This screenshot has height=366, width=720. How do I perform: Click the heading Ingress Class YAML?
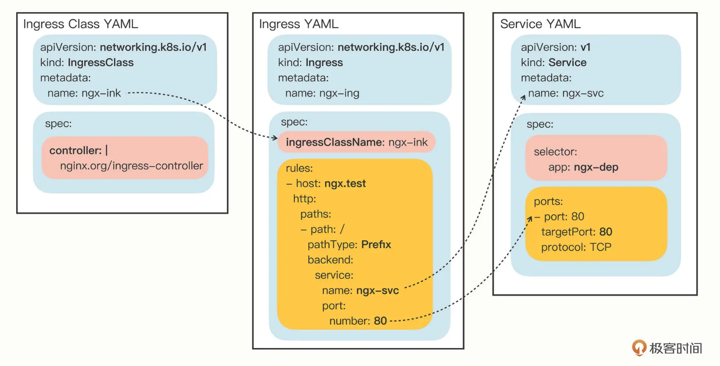click(x=81, y=24)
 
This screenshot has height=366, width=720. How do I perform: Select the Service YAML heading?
click(x=540, y=24)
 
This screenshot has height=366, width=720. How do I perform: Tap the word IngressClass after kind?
click(x=101, y=63)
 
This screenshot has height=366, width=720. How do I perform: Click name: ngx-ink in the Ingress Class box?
click(x=84, y=93)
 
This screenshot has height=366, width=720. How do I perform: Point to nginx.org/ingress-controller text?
click(x=131, y=166)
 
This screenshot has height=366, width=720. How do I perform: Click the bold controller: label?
click(x=76, y=151)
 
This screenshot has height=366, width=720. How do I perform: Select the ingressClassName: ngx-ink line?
click(x=357, y=143)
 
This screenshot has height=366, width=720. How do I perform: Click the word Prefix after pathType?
click(x=376, y=244)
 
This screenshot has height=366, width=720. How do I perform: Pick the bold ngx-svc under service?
click(x=377, y=291)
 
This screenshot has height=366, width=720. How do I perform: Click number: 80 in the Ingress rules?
click(x=358, y=321)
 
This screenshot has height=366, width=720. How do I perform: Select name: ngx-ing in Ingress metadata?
click(x=322, y=93)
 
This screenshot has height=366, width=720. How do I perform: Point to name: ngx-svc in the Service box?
click(x=566, y=93)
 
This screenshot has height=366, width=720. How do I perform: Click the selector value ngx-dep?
click(x=596, y=167)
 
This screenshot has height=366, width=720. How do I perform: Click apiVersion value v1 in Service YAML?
click(x=586, y=47)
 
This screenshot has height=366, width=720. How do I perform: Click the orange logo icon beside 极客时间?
click(x=639, y=348)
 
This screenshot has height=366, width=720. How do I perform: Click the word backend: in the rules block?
click(x=330, y=259)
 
